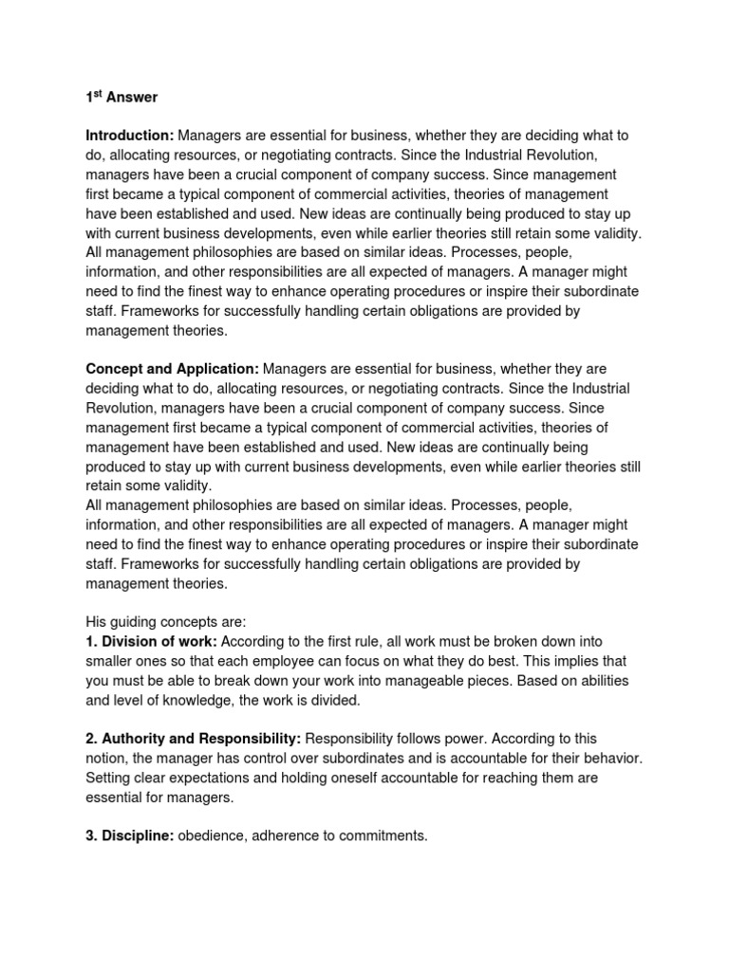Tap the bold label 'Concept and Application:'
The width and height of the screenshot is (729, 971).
[172, 368]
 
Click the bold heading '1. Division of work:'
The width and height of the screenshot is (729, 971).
[152, 642]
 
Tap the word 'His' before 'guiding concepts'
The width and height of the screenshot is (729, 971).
[98, 622]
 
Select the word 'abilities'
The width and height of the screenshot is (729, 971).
[615, 682]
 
